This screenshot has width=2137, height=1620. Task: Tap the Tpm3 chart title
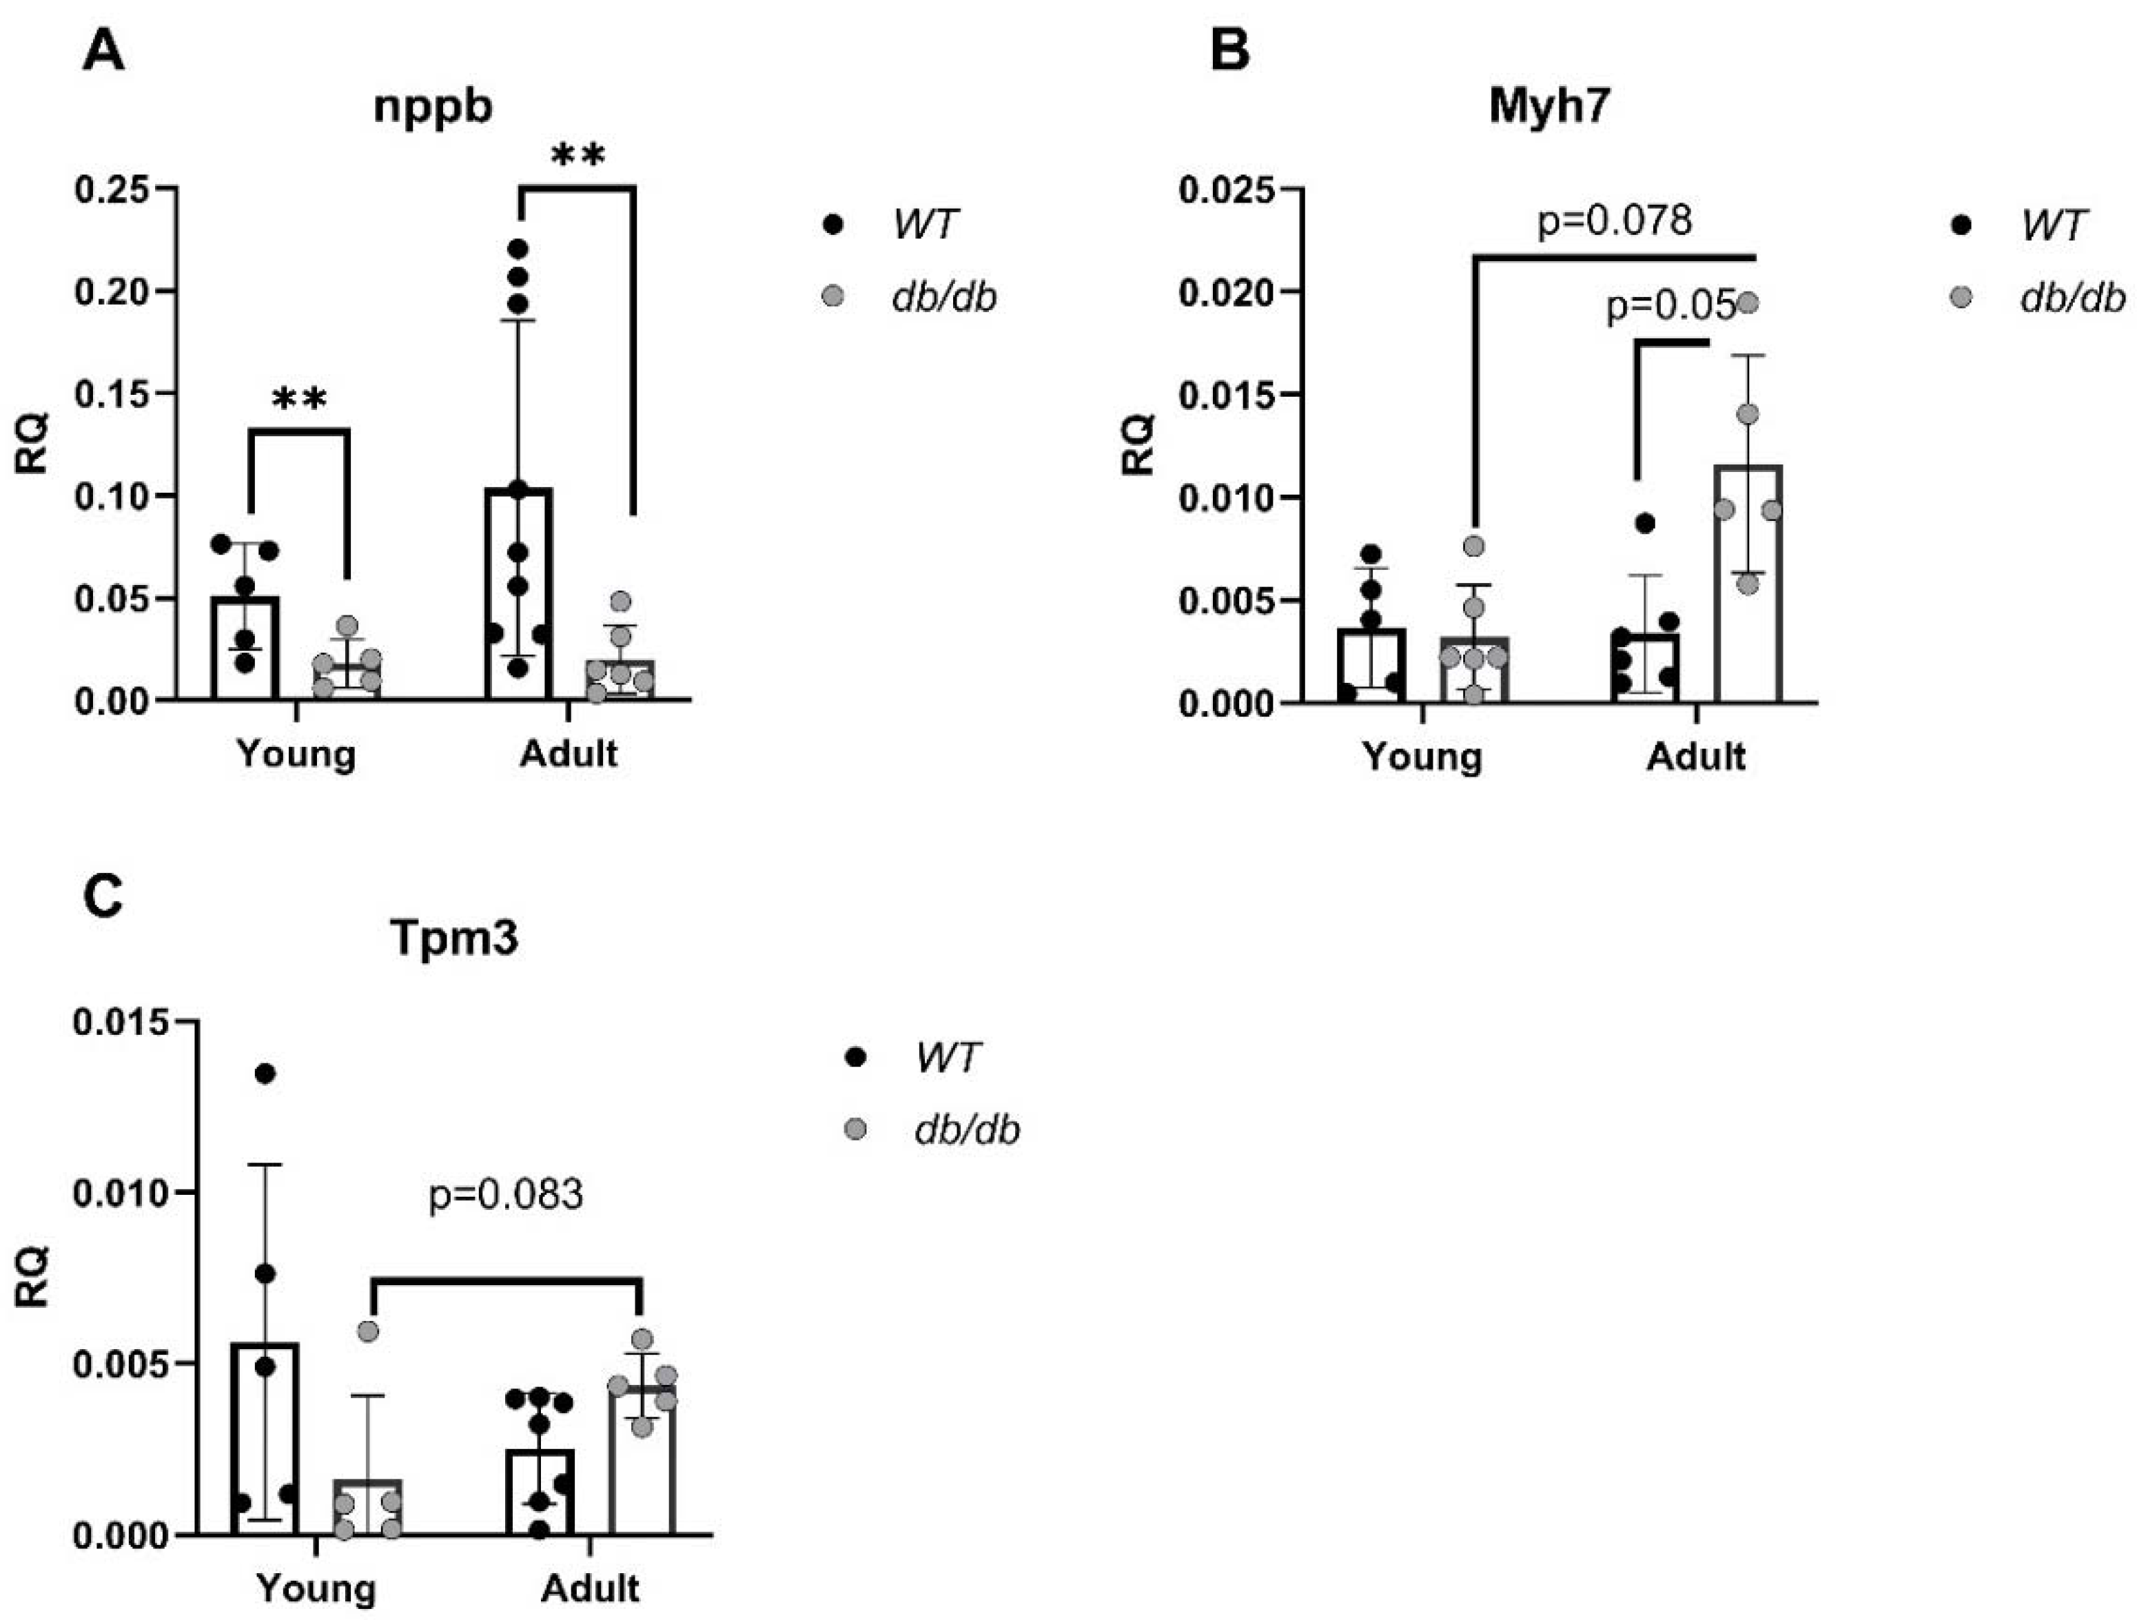pyautogui.click(x=454, y=937)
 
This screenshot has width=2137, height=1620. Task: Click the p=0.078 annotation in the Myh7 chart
pyautogui.click(x=1615, y=221)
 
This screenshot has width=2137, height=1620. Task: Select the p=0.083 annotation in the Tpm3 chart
pyautogui.click(x=505, y=1195)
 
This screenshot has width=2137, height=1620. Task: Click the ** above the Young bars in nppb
pyautogui.click(x=300, y=399)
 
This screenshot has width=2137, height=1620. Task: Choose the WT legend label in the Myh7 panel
pyautogui.click(x=2053, y=225)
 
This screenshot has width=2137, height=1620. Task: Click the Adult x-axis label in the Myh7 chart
pyautogui.click(x=1697, y=755)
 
